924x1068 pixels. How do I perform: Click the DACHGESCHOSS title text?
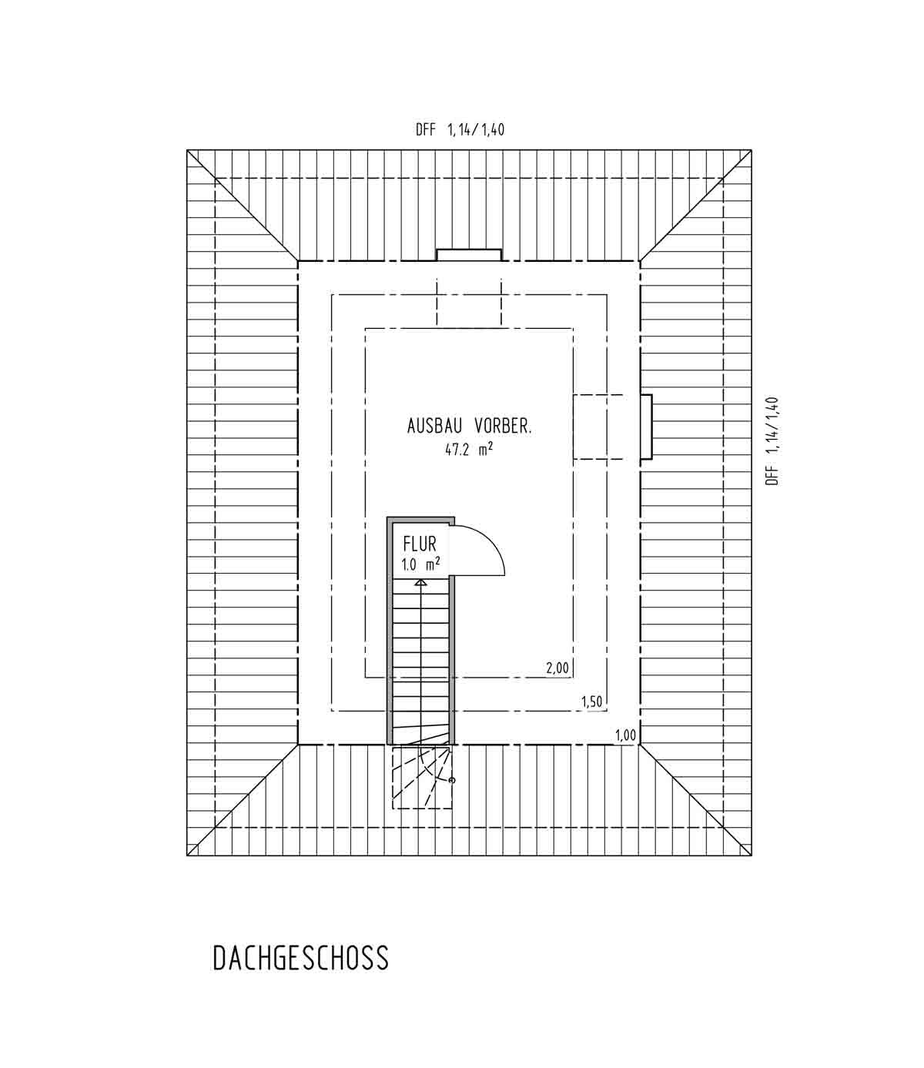tap(300, 958)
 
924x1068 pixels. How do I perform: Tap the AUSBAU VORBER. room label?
tap(469, 426)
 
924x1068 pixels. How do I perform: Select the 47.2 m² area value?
tap(469, 449)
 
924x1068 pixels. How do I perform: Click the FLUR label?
tap(420, 544)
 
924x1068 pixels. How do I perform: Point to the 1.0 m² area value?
tap(420, 564)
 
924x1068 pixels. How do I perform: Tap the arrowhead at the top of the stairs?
tap(420, 582)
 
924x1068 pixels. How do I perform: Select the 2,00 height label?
tap(557, 668)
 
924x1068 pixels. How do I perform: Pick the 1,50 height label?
tap(591, 701)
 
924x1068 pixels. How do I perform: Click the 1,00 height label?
tap(625, 735)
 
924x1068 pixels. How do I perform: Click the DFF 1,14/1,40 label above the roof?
tap(460, 129)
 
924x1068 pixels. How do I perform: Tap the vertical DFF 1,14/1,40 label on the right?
tap(772, 440)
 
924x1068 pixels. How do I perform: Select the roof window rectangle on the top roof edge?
tap(469, 255)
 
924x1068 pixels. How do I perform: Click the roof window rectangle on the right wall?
tap(646, 427)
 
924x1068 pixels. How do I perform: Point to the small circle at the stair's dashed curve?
tap(452, 780)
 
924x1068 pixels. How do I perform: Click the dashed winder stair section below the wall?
tap(422, 777)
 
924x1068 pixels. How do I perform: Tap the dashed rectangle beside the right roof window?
tap(598, 427)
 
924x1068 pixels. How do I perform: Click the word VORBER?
tap(503, 426)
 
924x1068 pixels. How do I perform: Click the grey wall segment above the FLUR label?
tap(421, 520)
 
